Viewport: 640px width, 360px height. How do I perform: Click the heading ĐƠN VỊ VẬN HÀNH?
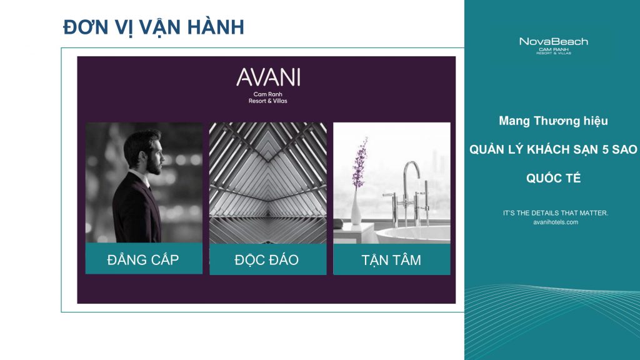click(154, 27)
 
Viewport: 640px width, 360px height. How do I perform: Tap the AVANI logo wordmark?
click(268, 77)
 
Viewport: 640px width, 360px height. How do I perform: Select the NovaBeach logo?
click(554, 46)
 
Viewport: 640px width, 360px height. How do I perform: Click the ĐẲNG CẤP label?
click(143, 259)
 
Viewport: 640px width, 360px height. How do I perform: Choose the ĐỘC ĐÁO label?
click(266, 259)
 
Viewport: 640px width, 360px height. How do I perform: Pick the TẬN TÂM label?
click(391, 260)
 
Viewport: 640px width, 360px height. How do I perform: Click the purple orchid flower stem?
click(359, 163)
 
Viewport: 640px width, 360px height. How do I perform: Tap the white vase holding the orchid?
click(356, 207)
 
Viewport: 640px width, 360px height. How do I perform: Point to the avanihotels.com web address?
click(556, 222)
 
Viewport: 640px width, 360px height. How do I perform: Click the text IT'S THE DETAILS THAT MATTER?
click(556, 212)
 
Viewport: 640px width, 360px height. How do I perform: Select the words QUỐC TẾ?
click(553, 178)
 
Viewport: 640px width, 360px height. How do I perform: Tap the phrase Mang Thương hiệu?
click(553, 121)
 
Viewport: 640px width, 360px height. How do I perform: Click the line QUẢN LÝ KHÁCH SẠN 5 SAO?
click(553, 149)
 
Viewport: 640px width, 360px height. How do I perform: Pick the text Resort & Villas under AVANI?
click(267, 101)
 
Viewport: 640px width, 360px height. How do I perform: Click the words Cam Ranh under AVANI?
click(267, 94)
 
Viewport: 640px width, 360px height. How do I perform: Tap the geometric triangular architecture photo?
click(267, 183)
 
